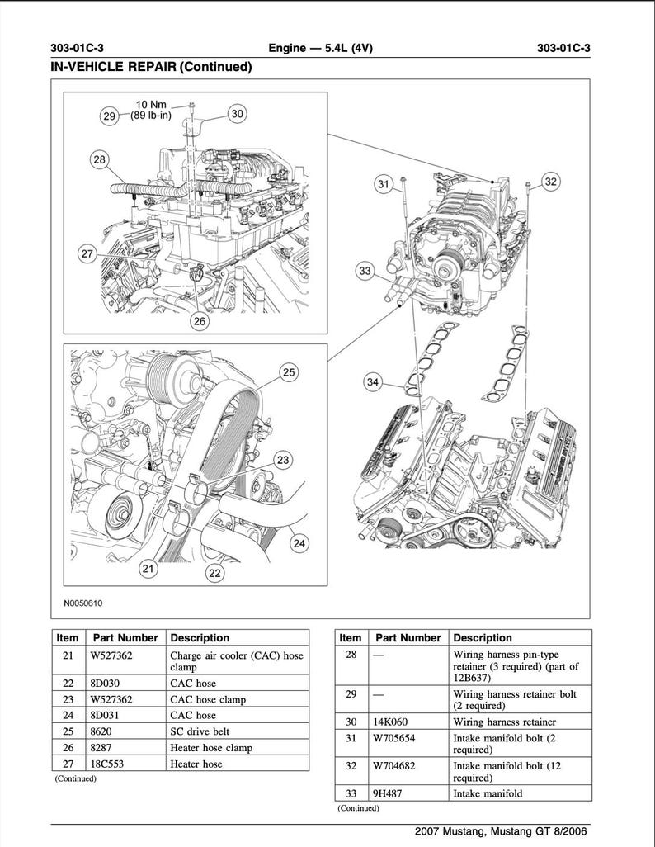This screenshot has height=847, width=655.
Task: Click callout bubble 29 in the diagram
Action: click(110, 116)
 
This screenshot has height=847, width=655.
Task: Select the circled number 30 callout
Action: click(237, 114)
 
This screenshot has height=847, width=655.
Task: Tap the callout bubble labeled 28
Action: click(100, 159)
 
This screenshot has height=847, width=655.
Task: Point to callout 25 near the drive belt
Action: click(289, 373)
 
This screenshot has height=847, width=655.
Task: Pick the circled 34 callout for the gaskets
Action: click(374, 381)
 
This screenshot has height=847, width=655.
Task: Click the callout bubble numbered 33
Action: click(366, 270)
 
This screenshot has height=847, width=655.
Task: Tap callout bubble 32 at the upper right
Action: click(551, 182)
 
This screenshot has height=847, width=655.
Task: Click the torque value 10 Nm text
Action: click(151, 105)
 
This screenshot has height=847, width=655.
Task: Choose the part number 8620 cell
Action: click(101, 731)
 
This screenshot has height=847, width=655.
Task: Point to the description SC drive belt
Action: click(200, 731)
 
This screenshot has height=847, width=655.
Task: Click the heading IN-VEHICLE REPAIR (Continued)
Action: click(151, 67)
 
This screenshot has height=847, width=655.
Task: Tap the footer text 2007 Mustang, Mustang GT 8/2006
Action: click(502, 831)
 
